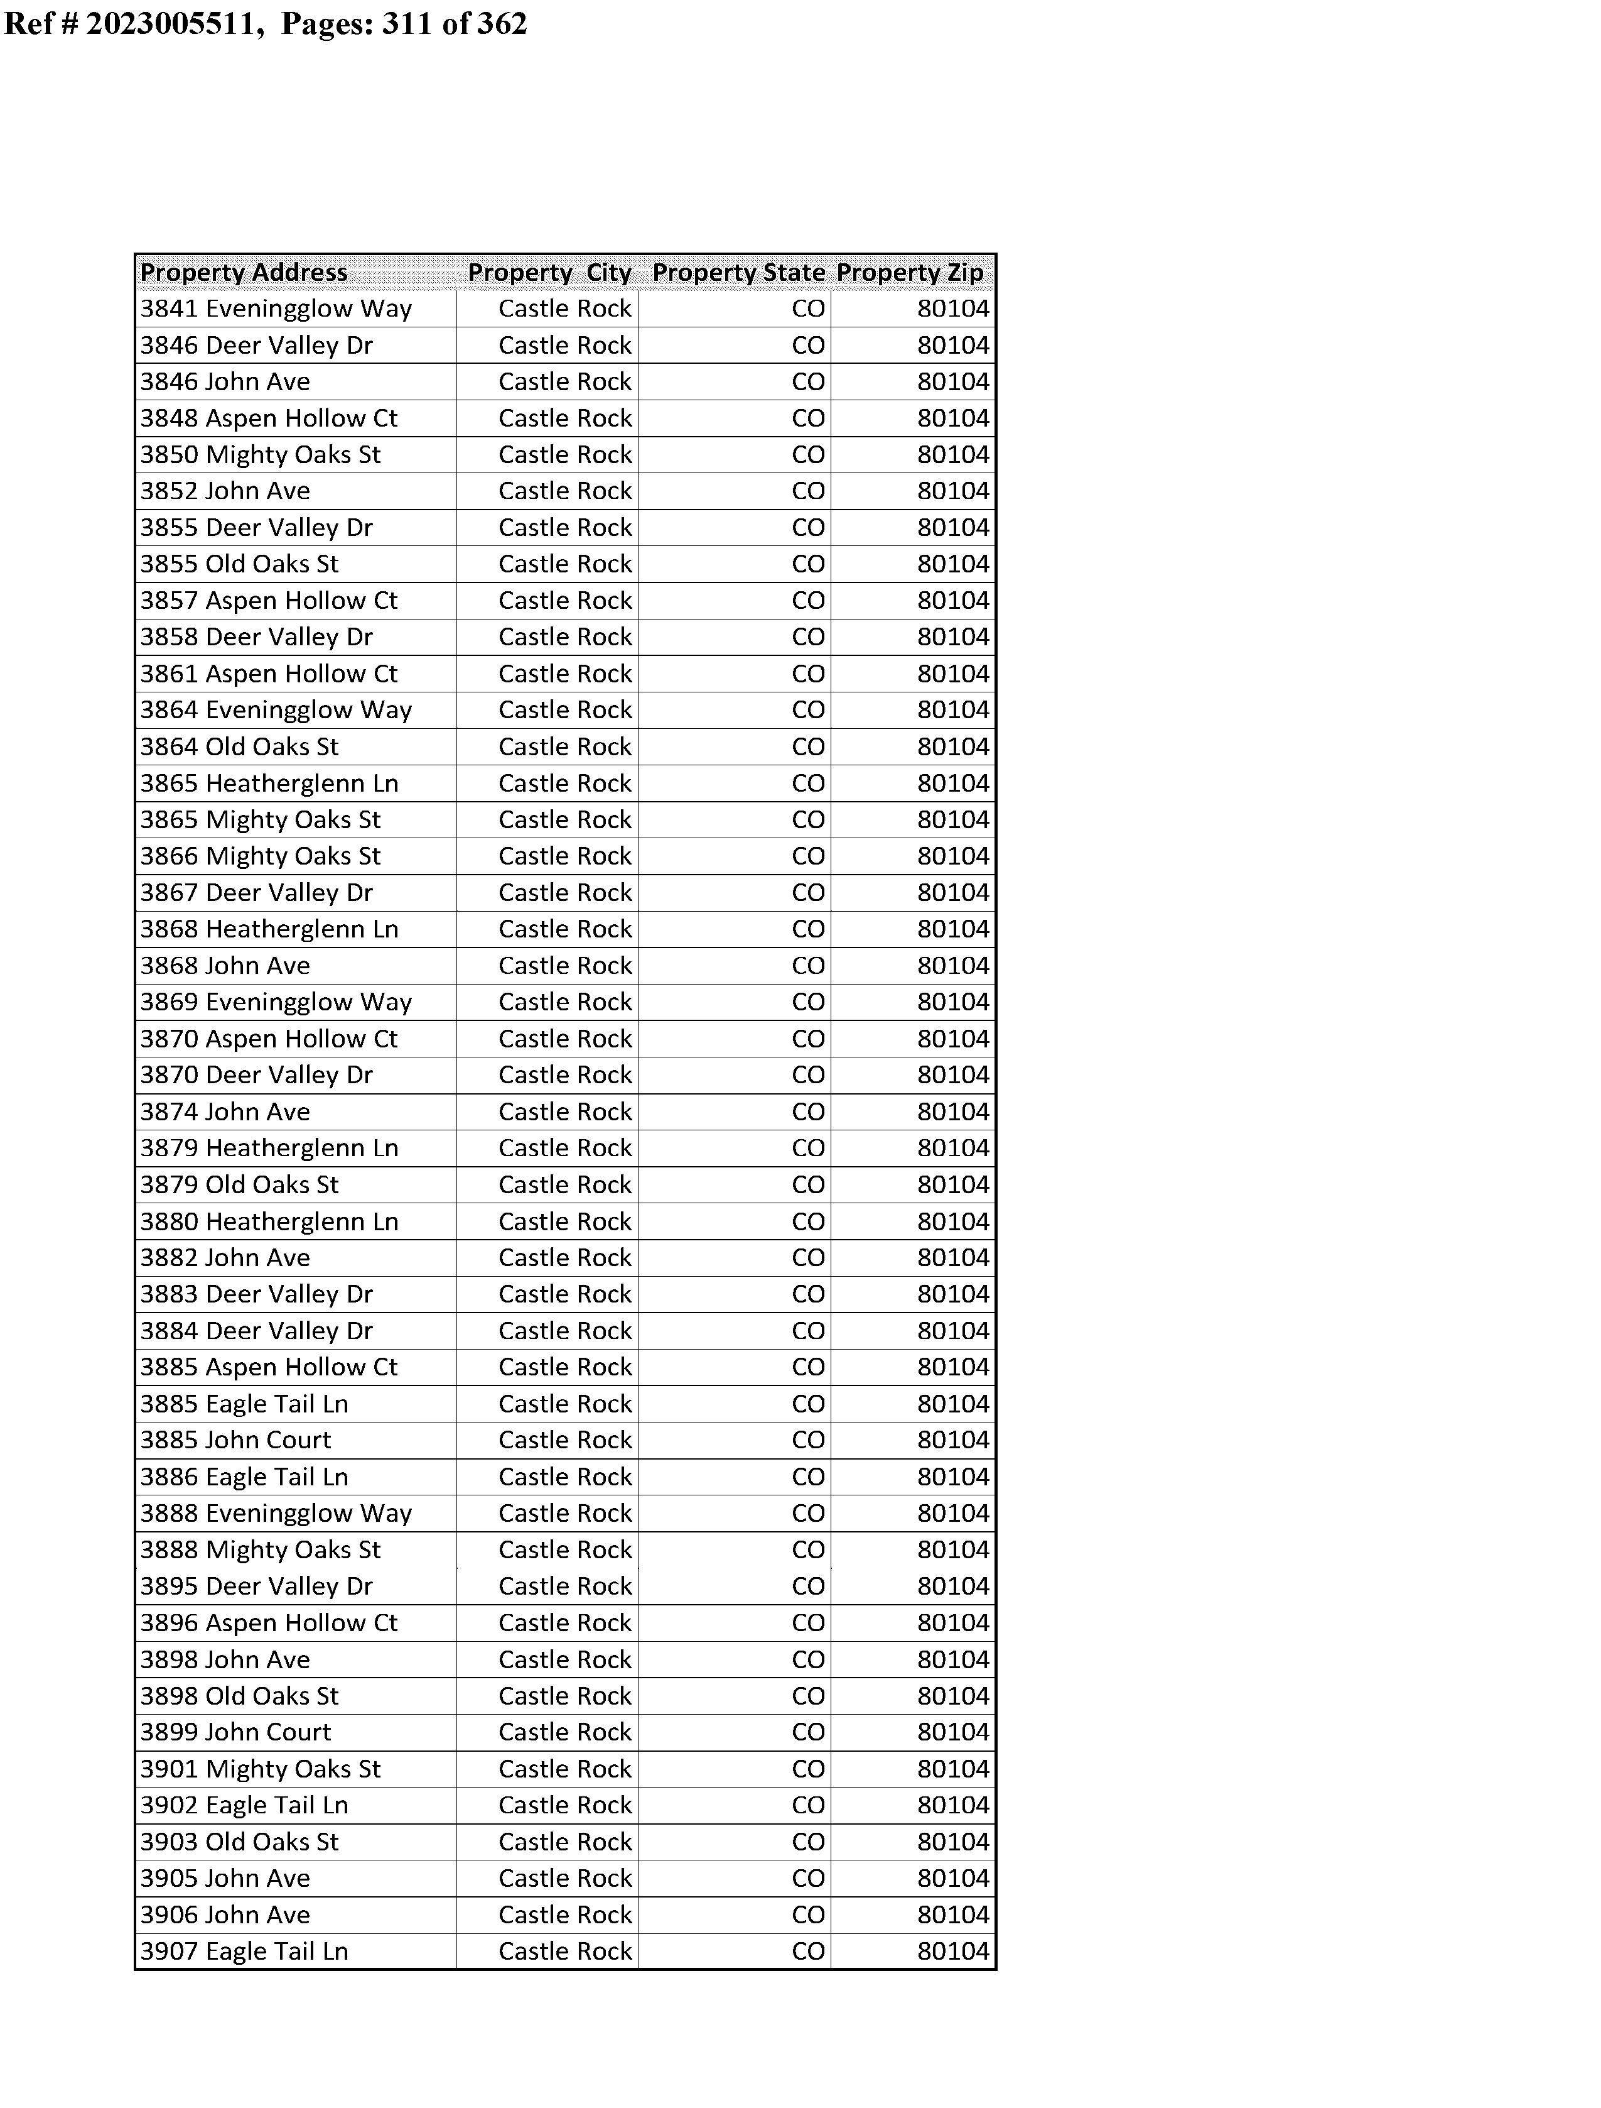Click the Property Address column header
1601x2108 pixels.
tap(244, 273)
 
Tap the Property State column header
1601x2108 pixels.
tap(738, 273)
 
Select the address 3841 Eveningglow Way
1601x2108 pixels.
tap(276, 309)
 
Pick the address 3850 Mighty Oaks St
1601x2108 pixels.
tap(260, 455)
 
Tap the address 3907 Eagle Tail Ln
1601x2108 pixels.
tap(244, 1951)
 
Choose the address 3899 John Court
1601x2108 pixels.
tap(235, 1732)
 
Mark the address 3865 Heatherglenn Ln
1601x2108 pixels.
tap(269, 783)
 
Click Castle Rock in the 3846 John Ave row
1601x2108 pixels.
tap(564, 381)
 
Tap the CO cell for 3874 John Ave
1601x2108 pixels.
tap(808, 1111)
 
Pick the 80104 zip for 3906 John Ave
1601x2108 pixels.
tap(953, 1914)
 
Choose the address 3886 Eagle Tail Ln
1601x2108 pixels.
tap(244, 1477)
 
